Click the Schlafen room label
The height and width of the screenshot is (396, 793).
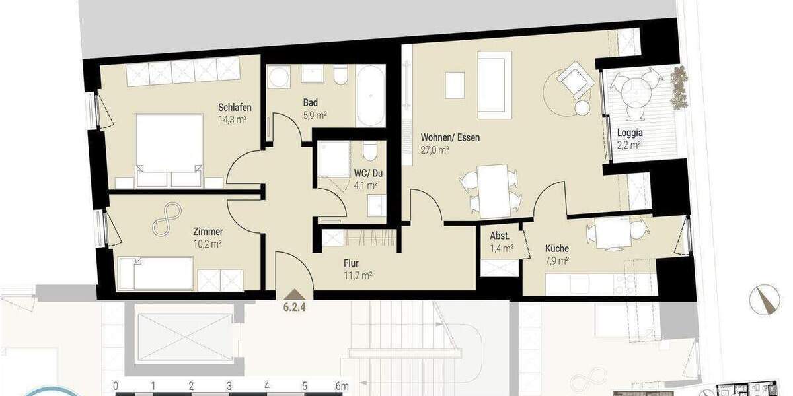pyautogui.click(x=235, y=107)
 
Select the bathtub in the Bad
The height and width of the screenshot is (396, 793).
pyautogui.click(x=369, y=96)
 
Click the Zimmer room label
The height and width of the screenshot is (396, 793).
pyautogui.click(x=208, y=232)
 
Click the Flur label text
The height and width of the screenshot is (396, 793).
pyautogui.click(x=350, y=262)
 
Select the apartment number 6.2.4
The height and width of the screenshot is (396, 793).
pyautogui.click(x=295, y=306)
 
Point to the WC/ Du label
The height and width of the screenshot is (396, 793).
pyautogui.click(x=368, y=173)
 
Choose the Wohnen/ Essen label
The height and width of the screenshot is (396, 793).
pyautogui.click(x=450, y=138)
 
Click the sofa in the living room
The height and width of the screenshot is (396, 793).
pyautogui.click(x=494, y=84)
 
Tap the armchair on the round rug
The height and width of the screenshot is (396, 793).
pyautogui.click(x=572, y=80)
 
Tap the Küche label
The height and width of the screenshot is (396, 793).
pyautogui.click(x=556, y=248)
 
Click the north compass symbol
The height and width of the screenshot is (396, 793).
pyautogui.click(x=765, y=299)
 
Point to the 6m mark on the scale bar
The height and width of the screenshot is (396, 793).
pyautogui.click(x=341, y=385)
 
